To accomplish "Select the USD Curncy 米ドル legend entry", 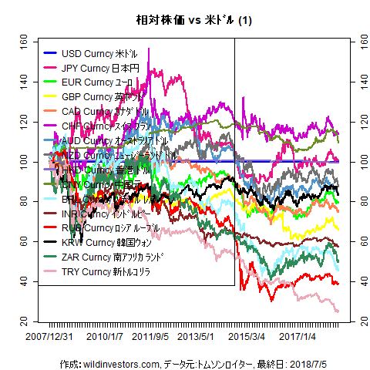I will (x=99, y=54).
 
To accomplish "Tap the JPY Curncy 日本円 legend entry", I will (x=99, y=68).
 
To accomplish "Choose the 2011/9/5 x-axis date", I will (x=150, y=337).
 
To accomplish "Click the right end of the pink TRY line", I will (x=338, y=311).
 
